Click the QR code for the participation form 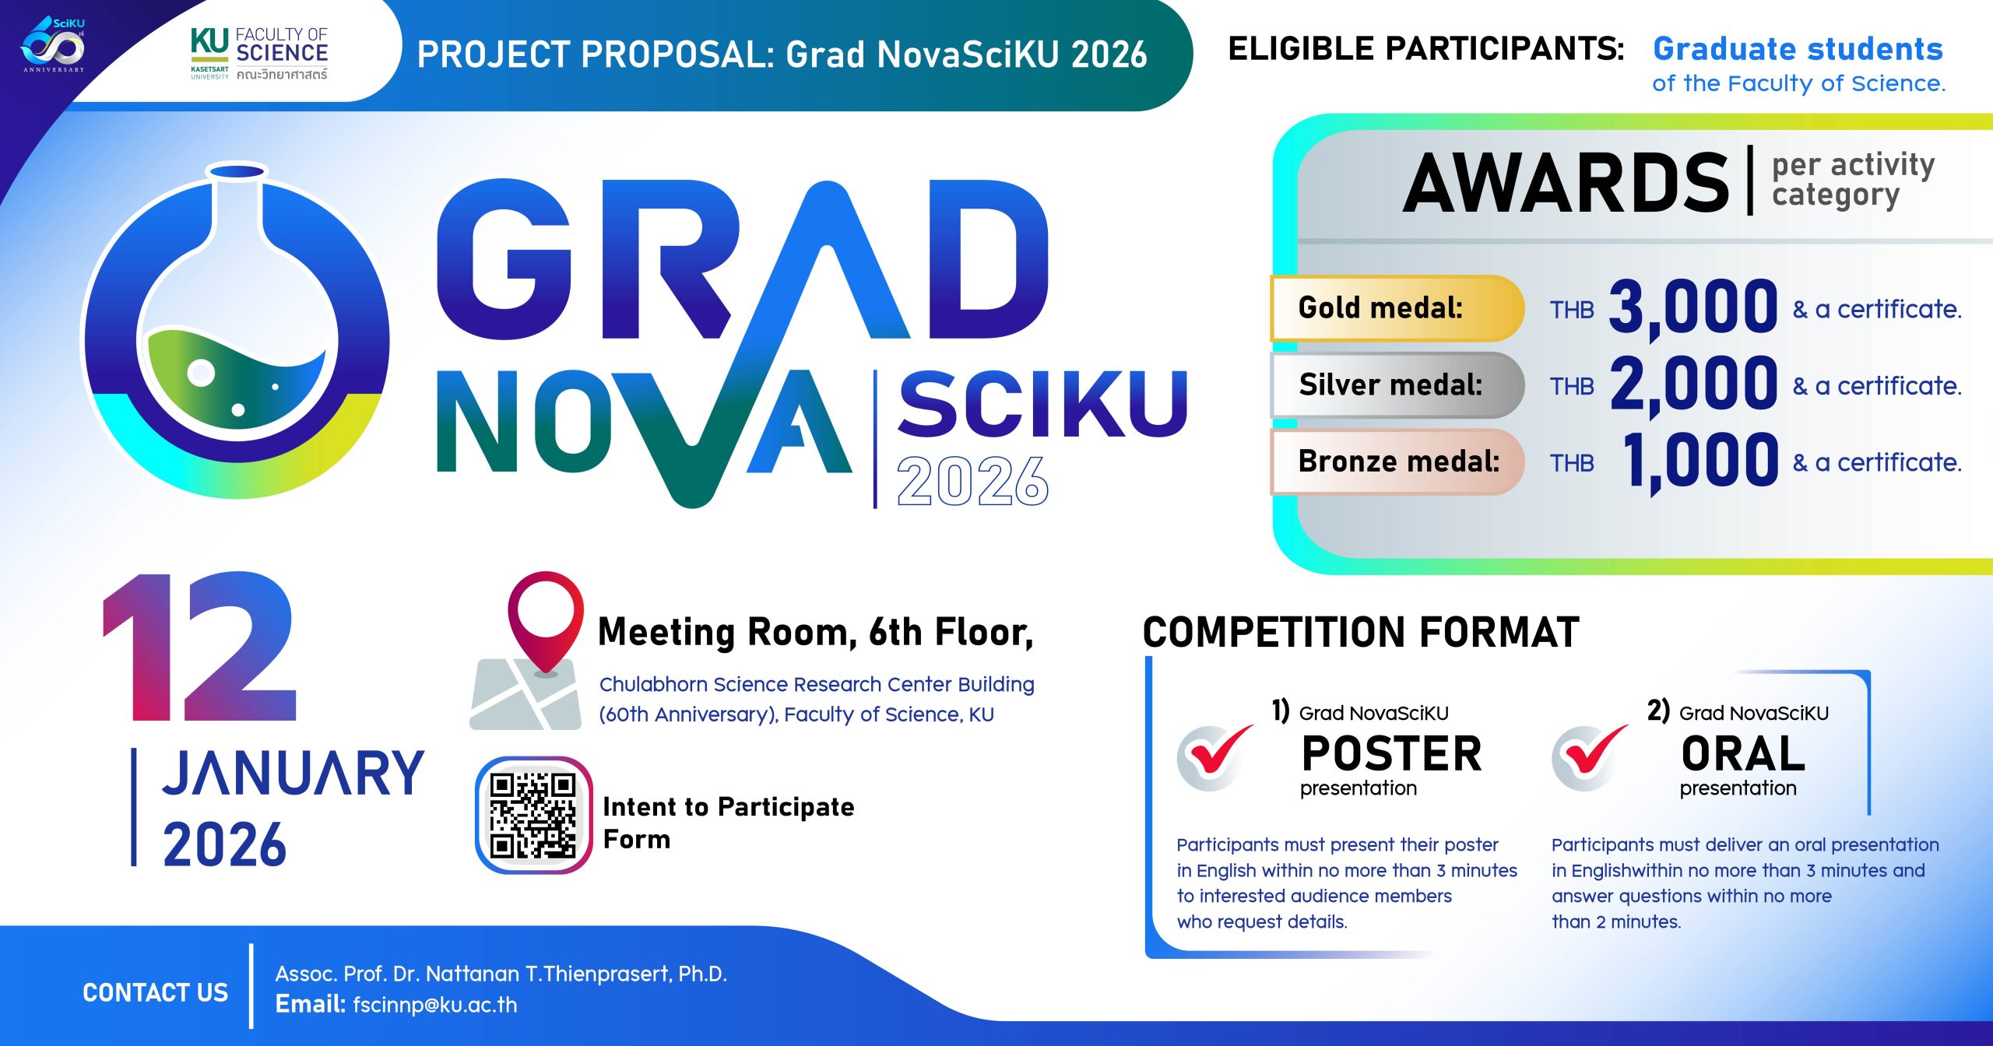(x=533, y=815)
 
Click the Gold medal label (x=1380, y=308)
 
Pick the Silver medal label (x=1390, y=384)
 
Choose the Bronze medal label (x=1399, y=462)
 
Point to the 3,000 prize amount (x=1693, y=309)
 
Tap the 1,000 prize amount (x=1701, y=462)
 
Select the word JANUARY (x=294, y=773)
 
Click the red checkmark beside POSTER (x=1215, y=757)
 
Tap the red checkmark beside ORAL (x=1590, y=757)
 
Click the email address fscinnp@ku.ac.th (x=434, y=1005)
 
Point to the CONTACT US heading (x=156, y=992)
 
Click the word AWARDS (x=1566, y=183)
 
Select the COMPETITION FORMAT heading (x=1361, y=632)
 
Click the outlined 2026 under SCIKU (x=972, y=480)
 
